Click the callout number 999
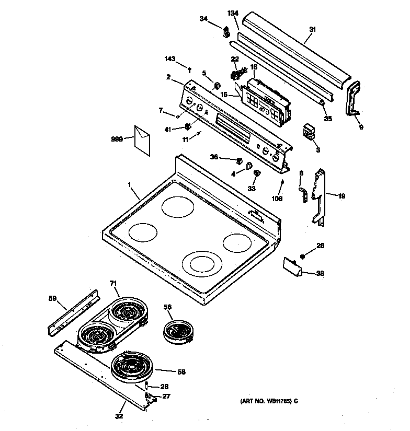[117, 139]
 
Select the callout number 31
[312, 30]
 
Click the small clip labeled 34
[227, 32]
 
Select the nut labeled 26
[303, 256]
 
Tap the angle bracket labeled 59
[72, 313]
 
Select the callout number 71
[113, 283]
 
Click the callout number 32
[119, 416]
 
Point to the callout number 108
[277, 199]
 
